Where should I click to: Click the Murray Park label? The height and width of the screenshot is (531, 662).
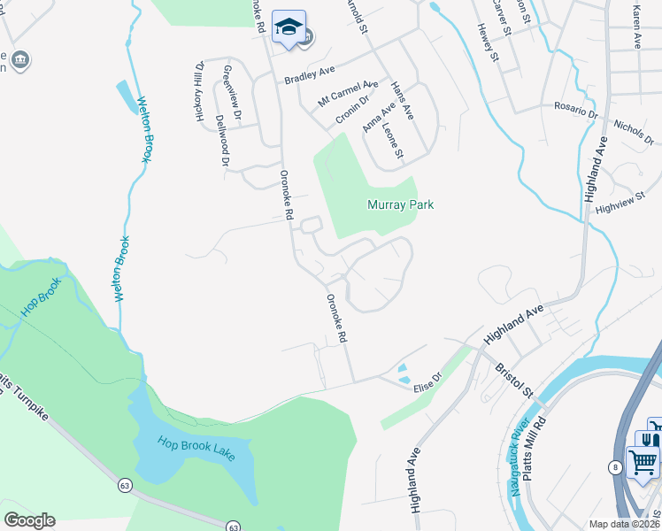(x=400, y=204)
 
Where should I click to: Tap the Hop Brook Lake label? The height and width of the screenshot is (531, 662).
(x=197, y=446)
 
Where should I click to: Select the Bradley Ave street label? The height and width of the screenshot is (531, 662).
(x=310, y=75)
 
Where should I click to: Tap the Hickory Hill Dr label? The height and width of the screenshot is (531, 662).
(x=200, y=92)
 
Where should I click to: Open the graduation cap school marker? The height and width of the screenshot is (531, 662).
(x=289, y=27)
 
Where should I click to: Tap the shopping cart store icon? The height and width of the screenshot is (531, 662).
(x=643, y=461)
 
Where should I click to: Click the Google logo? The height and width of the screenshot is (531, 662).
(x=29, y=520)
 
